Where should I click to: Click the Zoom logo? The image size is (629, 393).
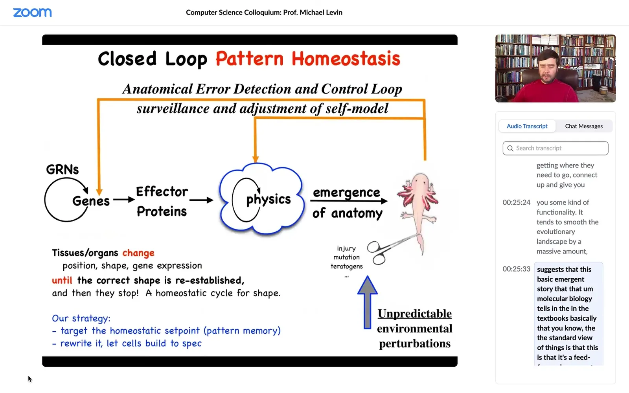32,13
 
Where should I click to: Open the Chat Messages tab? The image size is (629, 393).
584,126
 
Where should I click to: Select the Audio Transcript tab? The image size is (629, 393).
527,126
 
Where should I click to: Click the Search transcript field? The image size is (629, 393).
555,148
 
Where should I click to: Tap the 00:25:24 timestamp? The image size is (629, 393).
517,202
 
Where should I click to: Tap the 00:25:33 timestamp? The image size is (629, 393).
517,269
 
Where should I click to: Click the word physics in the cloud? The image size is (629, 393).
268,199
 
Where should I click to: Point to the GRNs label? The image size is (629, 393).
63,169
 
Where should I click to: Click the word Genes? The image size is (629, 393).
91,201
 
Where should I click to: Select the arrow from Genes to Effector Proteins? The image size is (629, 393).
124,200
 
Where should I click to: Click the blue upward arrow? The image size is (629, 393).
367,302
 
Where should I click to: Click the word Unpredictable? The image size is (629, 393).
414,314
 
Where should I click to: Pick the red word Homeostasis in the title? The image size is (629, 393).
346,59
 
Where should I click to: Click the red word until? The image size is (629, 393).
62,280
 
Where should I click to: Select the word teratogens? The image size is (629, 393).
346,266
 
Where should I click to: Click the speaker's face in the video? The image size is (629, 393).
548,67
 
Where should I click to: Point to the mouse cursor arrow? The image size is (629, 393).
30,379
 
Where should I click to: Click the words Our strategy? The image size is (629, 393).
81,318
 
